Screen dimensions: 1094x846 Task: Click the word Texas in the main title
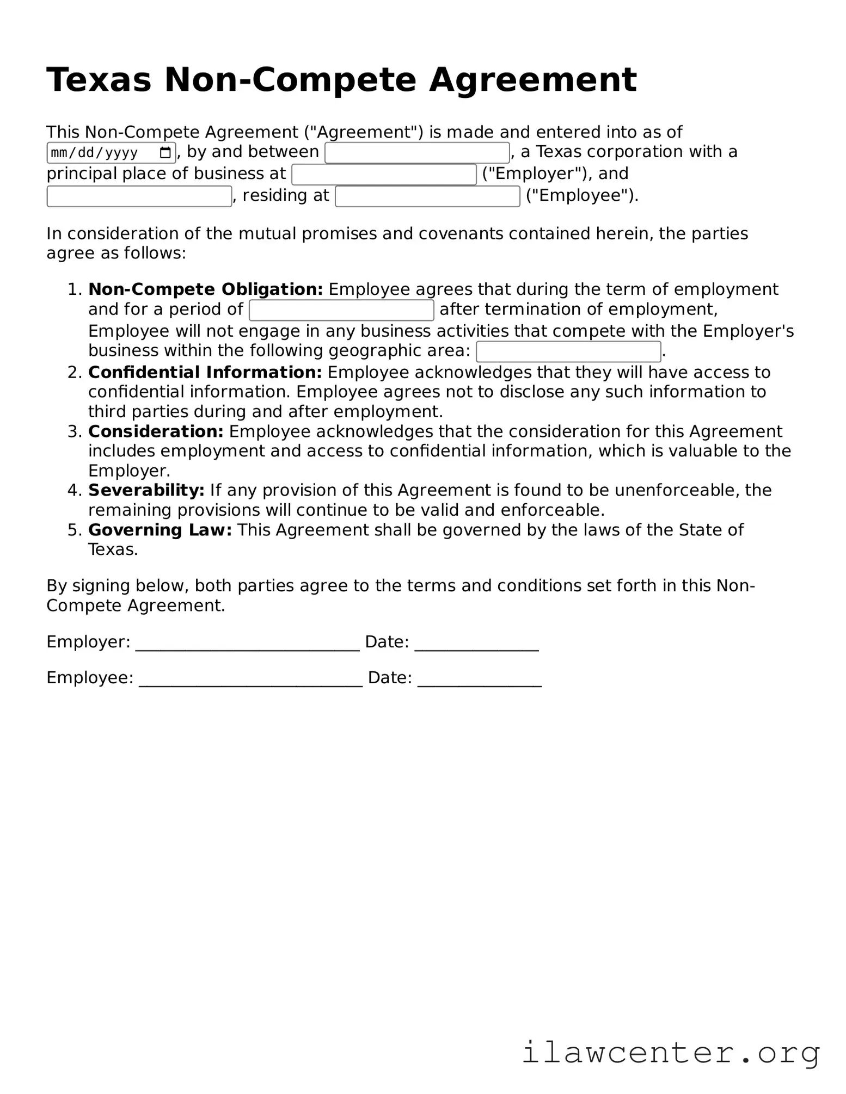(99, 80)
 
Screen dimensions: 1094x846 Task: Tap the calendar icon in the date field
(165, 153)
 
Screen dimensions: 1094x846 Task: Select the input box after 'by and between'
(417, 153)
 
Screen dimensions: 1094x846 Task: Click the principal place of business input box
(384, 175)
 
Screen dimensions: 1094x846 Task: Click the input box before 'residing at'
(139, 196)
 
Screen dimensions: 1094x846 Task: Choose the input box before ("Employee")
(427, 196)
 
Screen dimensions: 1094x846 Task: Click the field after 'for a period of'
(341, 310)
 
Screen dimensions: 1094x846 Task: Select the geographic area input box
(568, 351)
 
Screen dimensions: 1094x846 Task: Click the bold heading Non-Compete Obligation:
(205, 289)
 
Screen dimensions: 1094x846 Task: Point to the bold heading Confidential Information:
(205, 373)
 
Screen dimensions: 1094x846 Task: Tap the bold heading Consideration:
(156, 431)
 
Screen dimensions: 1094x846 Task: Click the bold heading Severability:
(146, 490)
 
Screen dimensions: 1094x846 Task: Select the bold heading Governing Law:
(160, 530)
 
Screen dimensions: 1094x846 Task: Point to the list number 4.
(74, 490)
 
